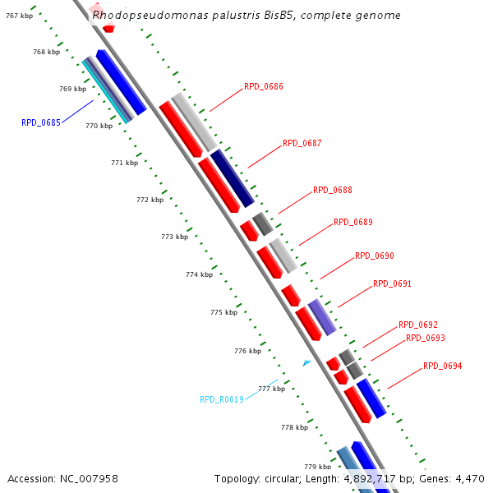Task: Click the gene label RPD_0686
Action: (x=263, y=86)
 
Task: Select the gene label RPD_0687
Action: (x=302, y=143)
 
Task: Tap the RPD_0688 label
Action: (x=332, y=190)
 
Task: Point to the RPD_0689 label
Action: (x=352, y=222)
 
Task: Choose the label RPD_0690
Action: (x=374, y=256)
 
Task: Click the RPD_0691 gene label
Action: (x=392, y=283)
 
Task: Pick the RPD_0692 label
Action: (x=417, y=325)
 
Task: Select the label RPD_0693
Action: (x=425, y=338)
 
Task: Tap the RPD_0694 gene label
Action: (x=442, y=366)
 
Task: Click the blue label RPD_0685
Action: (x=41, y=122)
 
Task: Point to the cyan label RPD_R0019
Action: (x=221, y=399)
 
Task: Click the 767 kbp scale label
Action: (x=19, y=16)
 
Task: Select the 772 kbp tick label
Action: (x=150, y=200)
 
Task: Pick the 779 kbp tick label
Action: (x=317, y=466)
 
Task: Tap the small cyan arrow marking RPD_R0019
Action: (x=306, y=362)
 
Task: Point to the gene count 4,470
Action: (x=470, y=478)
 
